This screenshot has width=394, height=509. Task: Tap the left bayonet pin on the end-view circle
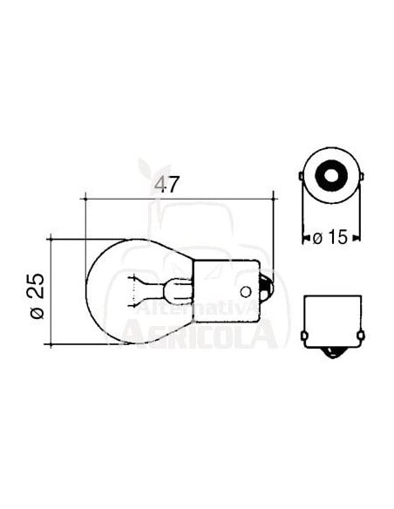[302, 179]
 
